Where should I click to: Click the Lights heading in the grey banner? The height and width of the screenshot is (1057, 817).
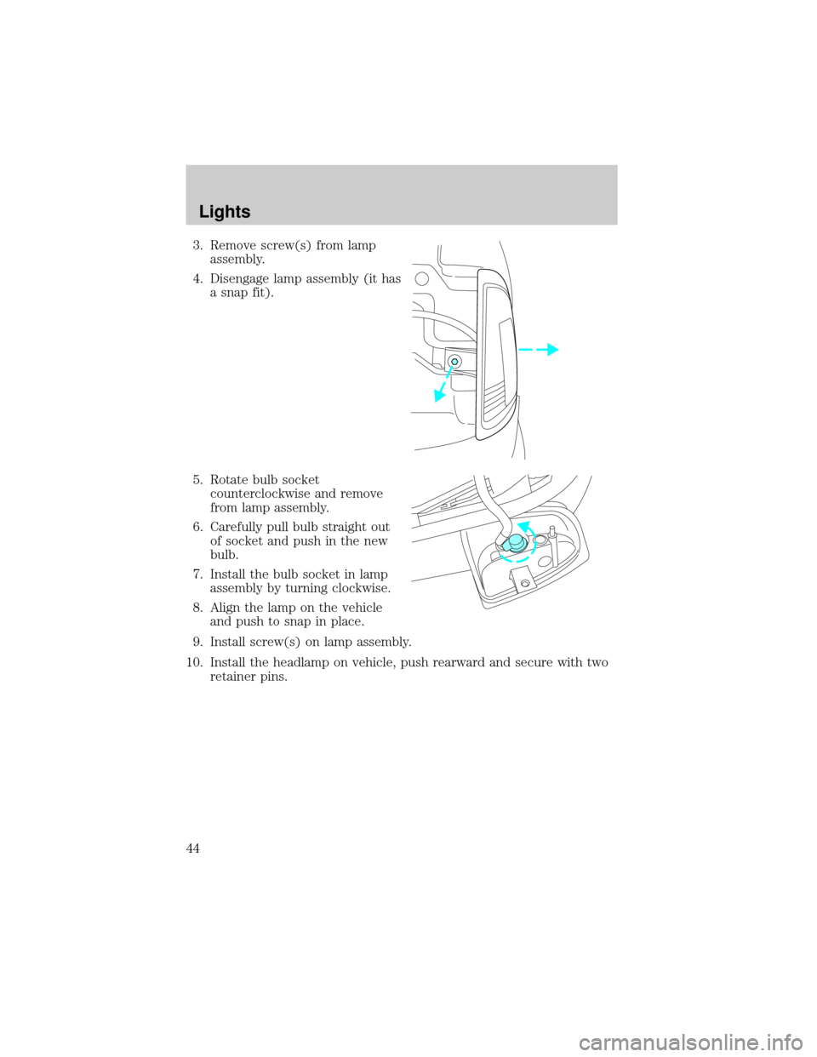(225, 212)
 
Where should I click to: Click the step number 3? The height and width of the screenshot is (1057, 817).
(197, 246)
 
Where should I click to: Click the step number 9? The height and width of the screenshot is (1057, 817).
(197, 643)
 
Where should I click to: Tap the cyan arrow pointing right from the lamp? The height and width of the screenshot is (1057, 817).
(538, 349)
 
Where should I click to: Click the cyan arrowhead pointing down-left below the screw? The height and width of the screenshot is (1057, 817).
(440, 394)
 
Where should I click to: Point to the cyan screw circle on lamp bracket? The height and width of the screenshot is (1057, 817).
(454, 361)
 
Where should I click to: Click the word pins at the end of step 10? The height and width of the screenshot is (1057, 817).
(273, 677)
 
